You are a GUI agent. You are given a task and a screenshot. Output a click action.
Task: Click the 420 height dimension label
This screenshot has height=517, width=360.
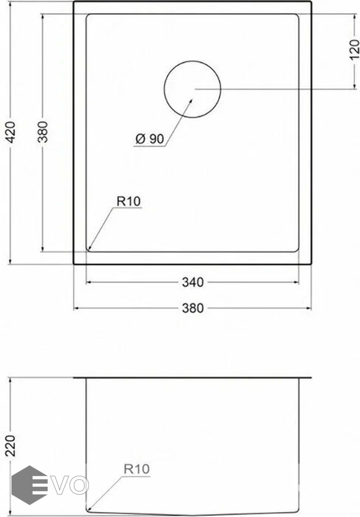[x=11, y=132]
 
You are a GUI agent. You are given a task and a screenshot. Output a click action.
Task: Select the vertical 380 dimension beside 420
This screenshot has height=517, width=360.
[x=42, y=132]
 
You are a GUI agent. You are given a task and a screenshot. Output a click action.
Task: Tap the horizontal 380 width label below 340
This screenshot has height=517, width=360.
[x=193, y=308]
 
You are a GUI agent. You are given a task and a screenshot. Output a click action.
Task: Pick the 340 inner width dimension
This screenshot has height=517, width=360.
[x=193, y=282]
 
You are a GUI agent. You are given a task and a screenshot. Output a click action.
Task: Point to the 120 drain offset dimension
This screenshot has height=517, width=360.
[x=354, y=49]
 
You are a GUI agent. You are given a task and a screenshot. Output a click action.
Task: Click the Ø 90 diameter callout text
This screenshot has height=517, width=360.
[x=150, y=139]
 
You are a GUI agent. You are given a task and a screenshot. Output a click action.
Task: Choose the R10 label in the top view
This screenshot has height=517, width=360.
[x=129, y=201]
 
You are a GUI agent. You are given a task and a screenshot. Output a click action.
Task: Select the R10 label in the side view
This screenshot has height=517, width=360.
[x=137, y=469]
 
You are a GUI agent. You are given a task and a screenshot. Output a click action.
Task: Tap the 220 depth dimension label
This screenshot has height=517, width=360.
[x=10, y=445]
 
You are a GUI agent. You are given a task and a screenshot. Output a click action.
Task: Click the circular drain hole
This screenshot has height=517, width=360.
[x=192, y=61]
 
